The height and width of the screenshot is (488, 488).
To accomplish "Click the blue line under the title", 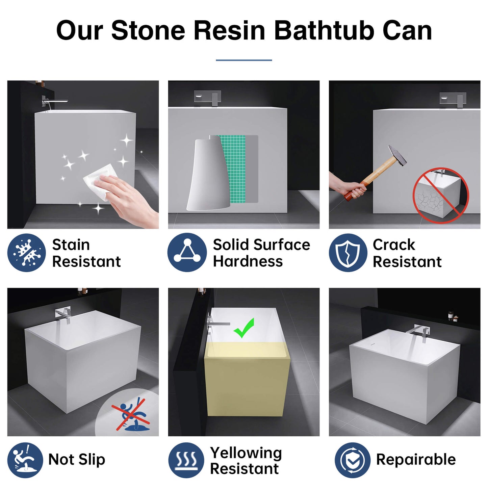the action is [x=244, y=60].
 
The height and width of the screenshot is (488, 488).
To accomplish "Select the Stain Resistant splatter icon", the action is [x=27, y=253].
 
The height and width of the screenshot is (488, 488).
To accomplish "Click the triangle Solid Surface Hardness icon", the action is [x=187, y=253].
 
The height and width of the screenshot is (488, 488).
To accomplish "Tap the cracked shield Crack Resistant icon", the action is [x=348, y=253].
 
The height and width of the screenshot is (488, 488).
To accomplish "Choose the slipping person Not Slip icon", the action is [x=25, y=460].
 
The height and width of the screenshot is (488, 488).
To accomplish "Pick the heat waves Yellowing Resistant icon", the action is [x=186, y=460].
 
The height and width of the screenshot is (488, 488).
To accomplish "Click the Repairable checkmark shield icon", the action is [x=353, y=460].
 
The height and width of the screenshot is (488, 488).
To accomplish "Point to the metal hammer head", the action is [x=397, y=155].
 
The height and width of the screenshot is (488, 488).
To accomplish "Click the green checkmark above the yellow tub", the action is [x=243, y=328].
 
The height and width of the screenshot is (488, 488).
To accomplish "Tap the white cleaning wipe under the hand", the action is [x=100, y=182].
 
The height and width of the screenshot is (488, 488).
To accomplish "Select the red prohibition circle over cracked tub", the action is [x=441, y=195].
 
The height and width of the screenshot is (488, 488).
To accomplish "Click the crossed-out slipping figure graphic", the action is [x=131, y=414].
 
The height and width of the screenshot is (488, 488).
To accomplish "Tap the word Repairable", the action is [x=416, y=460].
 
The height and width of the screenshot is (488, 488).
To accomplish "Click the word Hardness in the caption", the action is [x=248, y=261].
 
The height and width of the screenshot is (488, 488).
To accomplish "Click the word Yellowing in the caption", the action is [x=246, y=453].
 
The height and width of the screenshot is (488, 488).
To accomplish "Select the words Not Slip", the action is [x=76, y=460].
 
